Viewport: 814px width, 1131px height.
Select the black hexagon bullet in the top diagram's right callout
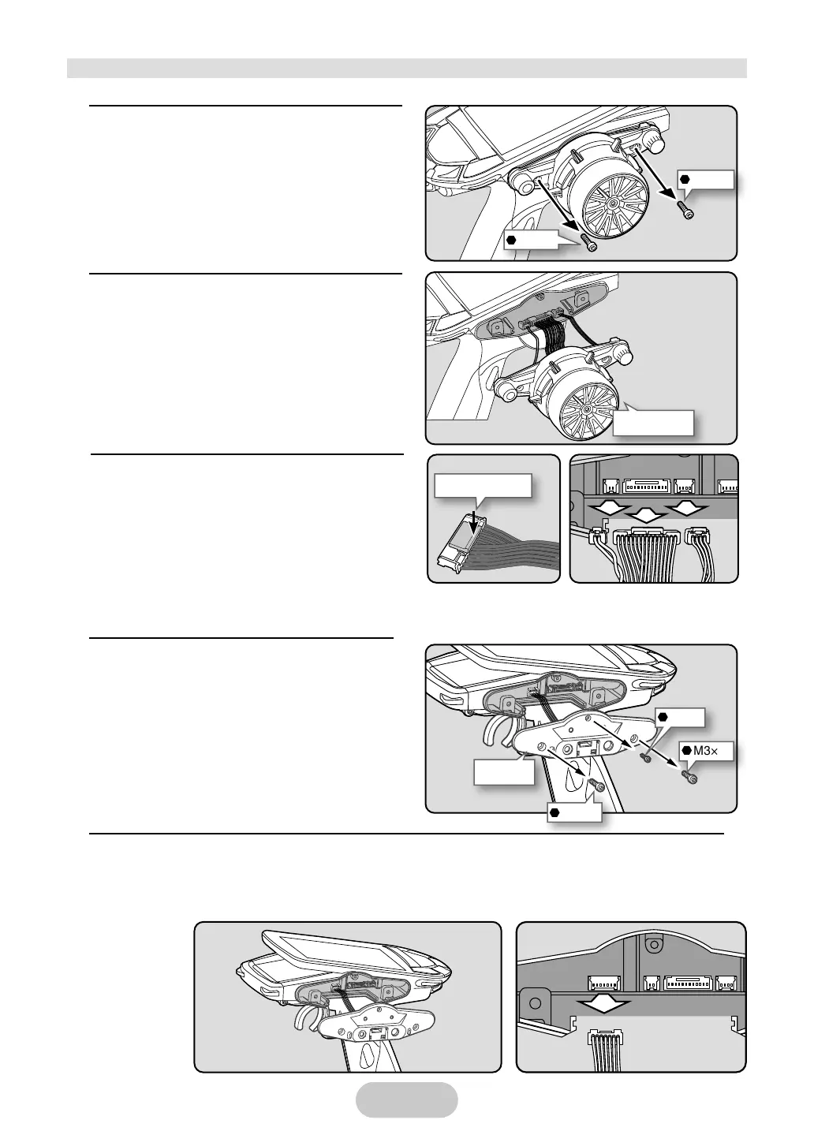[685, 179]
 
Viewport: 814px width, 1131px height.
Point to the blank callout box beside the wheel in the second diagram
[654, 422]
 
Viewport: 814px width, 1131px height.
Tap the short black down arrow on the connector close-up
[471, 520]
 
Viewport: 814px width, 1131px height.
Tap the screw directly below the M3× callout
[691, 776]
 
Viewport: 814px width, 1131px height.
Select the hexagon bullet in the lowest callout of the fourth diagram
[557, 812]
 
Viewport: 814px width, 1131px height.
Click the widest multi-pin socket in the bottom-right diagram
[689, 983]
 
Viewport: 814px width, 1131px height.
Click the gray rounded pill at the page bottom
[406, 1099]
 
